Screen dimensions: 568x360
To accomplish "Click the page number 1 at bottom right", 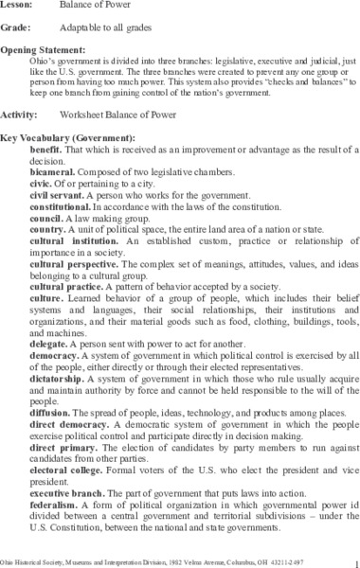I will [x=351, y=559].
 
